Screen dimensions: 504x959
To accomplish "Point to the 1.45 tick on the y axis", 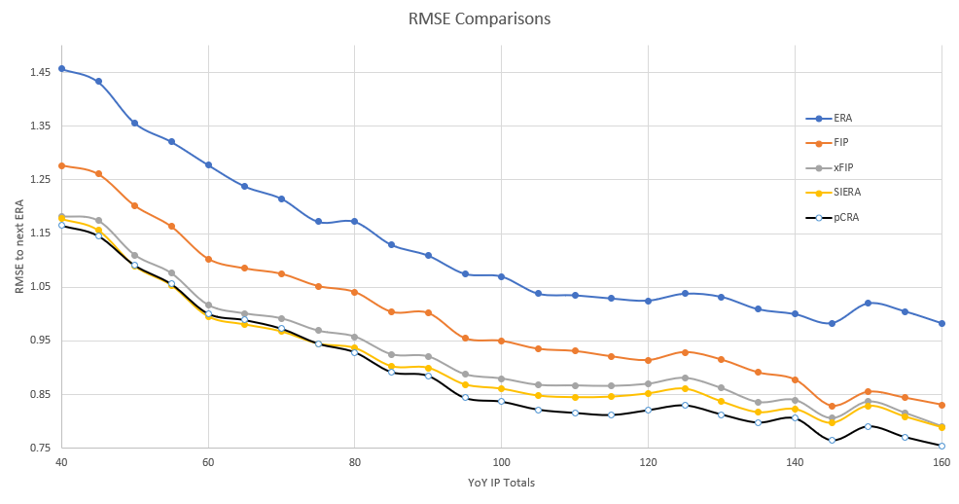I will (40, 72).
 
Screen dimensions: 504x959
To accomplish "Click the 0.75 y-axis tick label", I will (40, 448).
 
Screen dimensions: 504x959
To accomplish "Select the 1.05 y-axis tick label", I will (40, 287).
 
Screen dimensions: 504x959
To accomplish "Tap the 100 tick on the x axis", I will (501, 463).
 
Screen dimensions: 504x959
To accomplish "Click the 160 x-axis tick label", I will (941, 463).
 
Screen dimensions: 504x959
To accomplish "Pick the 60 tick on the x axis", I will (208, 463).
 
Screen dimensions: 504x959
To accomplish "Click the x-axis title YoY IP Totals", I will (500, 484).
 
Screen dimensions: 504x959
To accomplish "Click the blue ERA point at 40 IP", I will (61, 69).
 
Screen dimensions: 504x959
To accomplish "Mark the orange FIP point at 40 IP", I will (61, 165).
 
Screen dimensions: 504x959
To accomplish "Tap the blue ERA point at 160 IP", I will (941, 323).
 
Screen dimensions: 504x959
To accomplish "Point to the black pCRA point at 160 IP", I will (941, 446).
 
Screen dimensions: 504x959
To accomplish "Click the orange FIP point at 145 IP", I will (832, 407).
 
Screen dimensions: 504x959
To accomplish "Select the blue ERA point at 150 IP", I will (868, 303).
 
